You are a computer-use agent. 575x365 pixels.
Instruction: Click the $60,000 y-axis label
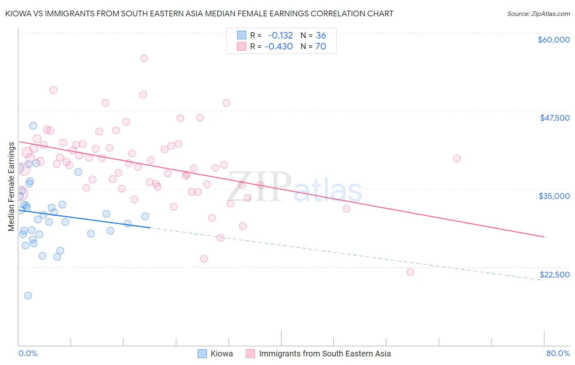[553, 40]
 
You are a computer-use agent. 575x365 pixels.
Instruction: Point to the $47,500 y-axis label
[555, 118]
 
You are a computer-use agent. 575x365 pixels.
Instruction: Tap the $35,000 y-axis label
[554, 196]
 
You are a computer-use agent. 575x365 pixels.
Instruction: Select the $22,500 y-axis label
[554, 275]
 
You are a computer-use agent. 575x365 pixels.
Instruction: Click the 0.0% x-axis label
[28, 353]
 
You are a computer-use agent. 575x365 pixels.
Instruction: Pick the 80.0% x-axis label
[558, 353]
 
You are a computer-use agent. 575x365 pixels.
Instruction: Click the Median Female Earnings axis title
[11, 187]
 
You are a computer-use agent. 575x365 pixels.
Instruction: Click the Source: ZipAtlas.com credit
[538, 14]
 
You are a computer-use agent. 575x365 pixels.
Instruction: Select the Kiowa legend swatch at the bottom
[202, 354]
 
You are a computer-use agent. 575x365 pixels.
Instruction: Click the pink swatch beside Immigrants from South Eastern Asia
[250, 354]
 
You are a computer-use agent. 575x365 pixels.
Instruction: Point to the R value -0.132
[280, 35]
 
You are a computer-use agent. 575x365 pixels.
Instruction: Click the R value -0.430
[279, 46]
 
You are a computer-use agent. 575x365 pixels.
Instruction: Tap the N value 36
[321, 35]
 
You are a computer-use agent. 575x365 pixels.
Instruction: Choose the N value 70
[321, 46]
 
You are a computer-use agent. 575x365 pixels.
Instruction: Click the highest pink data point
[144, 58]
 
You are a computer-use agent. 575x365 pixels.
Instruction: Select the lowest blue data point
[28, 295]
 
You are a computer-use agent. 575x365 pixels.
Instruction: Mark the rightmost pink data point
[457, 158]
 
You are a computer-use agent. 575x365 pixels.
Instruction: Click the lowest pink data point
[410, 272]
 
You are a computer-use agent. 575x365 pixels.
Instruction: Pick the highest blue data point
[33, 126]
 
